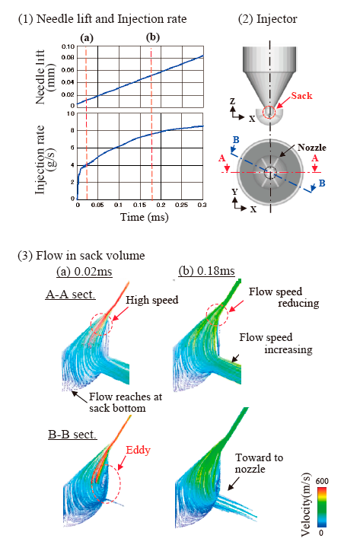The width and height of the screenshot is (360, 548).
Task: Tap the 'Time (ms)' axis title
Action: [145, 218]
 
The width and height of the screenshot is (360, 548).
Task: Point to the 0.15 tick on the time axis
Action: [139, 205]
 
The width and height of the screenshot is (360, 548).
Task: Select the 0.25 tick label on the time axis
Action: [181, 205]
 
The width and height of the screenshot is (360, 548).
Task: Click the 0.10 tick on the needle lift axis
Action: [68, 47]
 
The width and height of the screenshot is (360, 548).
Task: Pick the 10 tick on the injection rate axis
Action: [71, 114]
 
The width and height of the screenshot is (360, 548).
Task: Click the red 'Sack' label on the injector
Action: [301, 96]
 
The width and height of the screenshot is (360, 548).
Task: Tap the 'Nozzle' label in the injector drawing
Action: [312, 148]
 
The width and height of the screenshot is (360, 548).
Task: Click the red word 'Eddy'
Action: [138, 450]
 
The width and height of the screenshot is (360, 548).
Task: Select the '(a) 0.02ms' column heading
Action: [84, 272]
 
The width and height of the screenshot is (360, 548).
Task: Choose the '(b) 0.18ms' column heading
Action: [206, 271]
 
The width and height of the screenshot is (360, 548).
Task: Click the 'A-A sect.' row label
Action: [71, 295]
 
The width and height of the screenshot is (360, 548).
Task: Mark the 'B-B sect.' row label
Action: [72, 435]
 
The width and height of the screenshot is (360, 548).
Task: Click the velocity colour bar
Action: [321, 508]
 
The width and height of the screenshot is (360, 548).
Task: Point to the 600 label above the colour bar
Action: [322, 481]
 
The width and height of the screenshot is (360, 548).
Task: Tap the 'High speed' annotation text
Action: [152, 300]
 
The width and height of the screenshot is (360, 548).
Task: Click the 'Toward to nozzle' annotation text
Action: [259, 463]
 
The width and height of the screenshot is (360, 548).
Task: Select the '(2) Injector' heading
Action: [268, 19]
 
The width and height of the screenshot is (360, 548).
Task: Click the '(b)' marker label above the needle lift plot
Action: [153, 37]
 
